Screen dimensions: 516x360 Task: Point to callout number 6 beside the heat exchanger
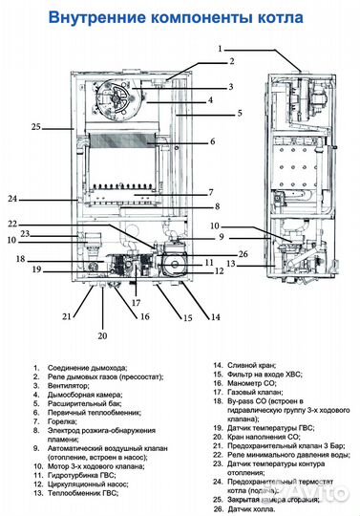(x=212, y=140)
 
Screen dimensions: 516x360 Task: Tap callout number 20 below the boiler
(x=102, y=336)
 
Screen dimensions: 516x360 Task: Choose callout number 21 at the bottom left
(x=66, y=315)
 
